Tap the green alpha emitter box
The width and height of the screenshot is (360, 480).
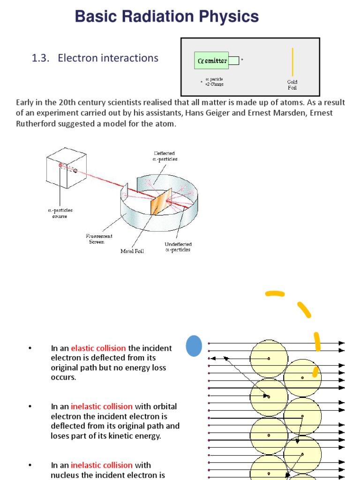click(211, 60)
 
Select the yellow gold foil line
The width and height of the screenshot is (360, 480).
click(293, 61)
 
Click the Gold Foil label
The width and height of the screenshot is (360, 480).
click(292, 85)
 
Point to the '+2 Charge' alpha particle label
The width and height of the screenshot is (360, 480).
click(214, 84)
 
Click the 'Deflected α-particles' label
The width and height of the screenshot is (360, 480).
click(165, 156)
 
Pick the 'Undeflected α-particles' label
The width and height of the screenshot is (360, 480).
click(178, 247)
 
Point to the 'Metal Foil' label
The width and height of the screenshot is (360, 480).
click(132, 251)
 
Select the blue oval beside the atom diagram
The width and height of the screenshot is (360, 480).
click(194, 346)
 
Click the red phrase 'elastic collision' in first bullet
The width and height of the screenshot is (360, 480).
click(98, 348)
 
